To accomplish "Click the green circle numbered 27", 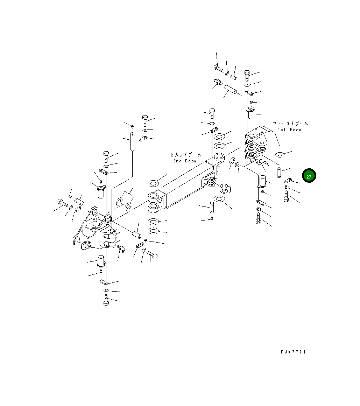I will (309, 176).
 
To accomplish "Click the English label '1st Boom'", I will (289, 130).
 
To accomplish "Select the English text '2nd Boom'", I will (185, 161).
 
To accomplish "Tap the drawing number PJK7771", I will (293, 352).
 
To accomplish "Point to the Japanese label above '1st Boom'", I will (290, 124).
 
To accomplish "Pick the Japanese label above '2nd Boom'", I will (185, 154).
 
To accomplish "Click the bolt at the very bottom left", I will (106, 300).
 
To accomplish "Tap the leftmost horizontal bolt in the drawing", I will (62, 202).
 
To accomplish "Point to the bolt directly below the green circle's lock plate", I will (286, 196).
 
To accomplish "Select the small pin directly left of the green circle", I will (280, 172).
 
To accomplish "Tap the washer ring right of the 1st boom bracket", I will (280, 154).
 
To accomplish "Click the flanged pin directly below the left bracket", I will (101, 261).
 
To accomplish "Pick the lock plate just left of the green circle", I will (288, 181).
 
